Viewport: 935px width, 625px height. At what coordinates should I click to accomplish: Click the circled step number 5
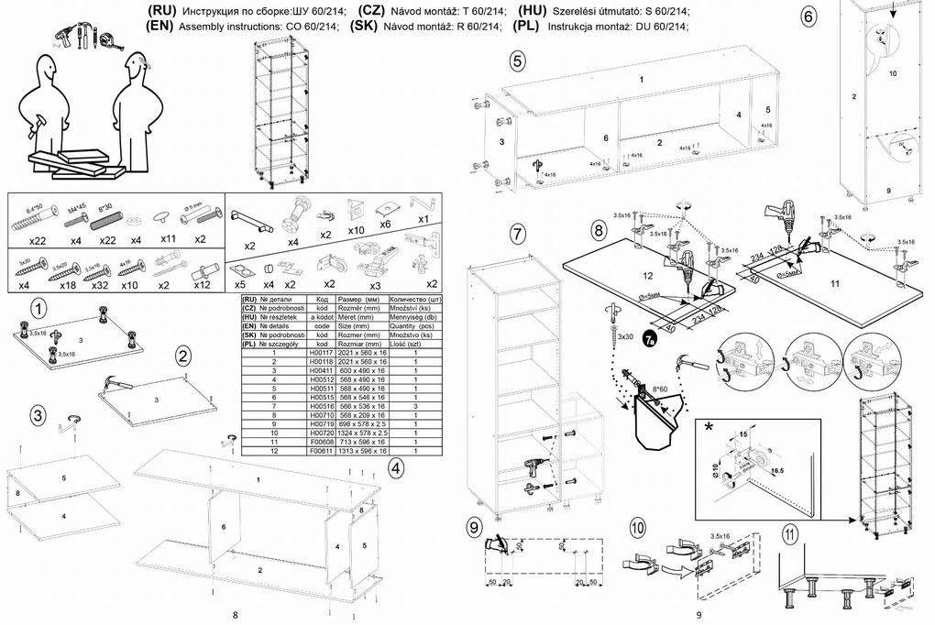click(x=517, y=61)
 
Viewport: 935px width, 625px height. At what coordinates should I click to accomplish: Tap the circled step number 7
click(x=517, y=234)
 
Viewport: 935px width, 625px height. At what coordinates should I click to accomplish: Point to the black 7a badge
click(x=650, y=341)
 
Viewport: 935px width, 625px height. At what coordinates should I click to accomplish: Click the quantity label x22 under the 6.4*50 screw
click(x=37, y=240)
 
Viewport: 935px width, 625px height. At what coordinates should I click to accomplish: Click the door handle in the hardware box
click(x=251, y=221)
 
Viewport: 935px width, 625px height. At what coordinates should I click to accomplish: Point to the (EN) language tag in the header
click(x=160, y=26)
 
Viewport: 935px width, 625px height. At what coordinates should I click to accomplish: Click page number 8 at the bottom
click(x=236, y=614)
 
